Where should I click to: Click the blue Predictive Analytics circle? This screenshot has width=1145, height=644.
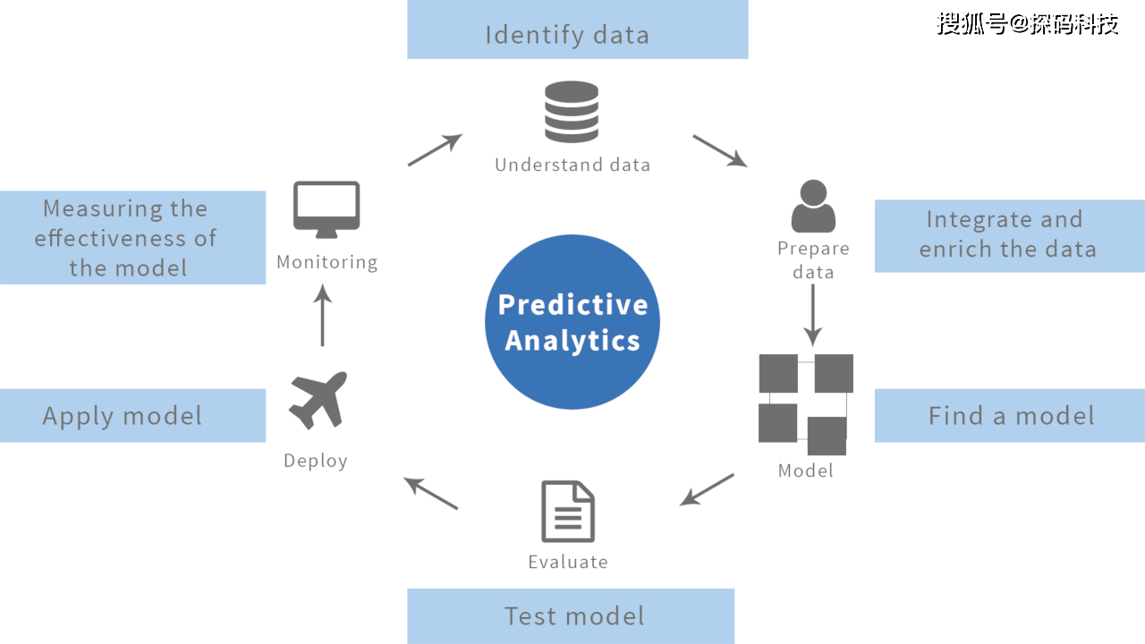pyautogui.click(x=572, y=322)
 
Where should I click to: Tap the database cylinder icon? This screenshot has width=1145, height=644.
pyautogui.click(x=572, y=112)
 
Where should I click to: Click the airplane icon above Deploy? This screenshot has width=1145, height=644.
pyautogui.click(x=318, y=401)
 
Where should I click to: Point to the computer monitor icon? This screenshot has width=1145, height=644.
pyautogui.click(x=327, y=209)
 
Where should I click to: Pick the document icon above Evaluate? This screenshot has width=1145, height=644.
pyautogui.click(x=568, y=511)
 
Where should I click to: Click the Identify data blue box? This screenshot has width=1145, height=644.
pyautogui.click(x=577, y=30)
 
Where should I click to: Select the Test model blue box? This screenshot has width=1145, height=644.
pyautogui.click(x=571, y=615)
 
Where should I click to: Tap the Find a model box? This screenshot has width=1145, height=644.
pyautogui.click(x=1009, y=415)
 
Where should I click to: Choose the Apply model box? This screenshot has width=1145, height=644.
pyautogui.click(x=132, y=415)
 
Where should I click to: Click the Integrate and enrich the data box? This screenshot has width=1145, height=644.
pyautogui.click(x=1009, y=235)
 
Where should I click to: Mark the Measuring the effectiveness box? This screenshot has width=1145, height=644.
pyautogui.click(x=132, y=237)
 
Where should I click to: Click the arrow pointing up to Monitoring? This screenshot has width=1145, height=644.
pyautogui.click(x=323, y=316)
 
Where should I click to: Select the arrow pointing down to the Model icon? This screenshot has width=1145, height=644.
pyautogui.click(x=812, y=315)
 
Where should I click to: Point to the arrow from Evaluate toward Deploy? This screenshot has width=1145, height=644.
pyautogui.click(x=431, y=493)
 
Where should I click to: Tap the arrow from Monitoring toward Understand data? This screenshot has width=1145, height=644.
pyautogui.click(x=435, y=149)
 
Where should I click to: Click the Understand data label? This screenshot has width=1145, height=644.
pyautogui.click(x=572, y=165)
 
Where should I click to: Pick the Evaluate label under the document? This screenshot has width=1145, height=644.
pyautogui.click(x=568, y=562)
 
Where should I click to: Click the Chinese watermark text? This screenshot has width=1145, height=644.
pyautogui.click(x=1028, y=24)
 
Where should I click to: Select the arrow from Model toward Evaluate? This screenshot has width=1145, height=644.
pyautogui.click(x=707, y=489)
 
